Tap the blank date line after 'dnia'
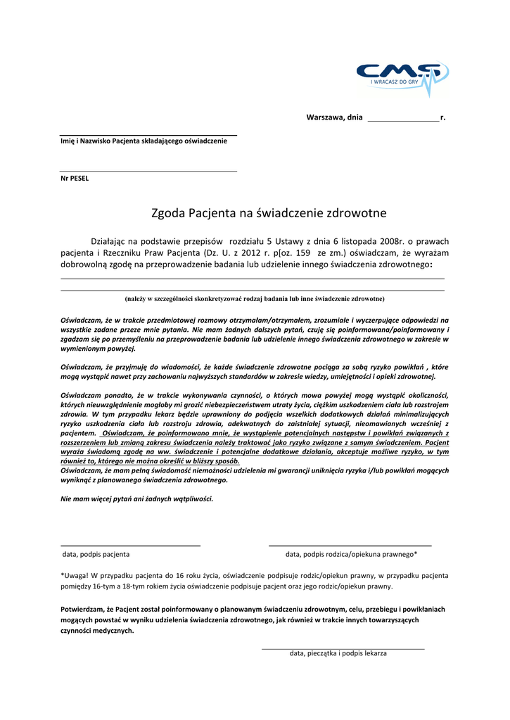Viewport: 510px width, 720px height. pos(403,120)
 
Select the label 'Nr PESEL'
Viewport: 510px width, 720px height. pos(75,178)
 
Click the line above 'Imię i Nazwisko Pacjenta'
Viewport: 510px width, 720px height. pos(148,135)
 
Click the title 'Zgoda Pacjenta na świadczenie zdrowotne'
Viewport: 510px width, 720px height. pos(269,213)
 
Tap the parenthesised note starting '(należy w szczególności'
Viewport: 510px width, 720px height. pos(254,299)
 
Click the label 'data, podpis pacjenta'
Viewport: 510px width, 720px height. pos(96,554)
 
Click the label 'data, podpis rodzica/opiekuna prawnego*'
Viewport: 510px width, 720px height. pos(351,554)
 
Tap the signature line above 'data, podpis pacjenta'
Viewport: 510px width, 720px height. pos(131,545)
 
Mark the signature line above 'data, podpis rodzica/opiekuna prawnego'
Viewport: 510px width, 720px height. pos(350,545)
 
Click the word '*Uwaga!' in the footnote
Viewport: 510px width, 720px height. pos(75,575)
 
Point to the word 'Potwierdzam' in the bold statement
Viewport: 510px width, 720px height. pos(83,609)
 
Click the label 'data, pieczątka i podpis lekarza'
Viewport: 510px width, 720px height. pos(338,653)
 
